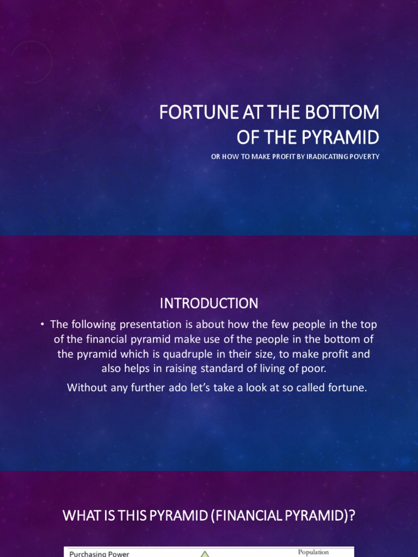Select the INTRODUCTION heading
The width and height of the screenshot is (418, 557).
click(209, 304)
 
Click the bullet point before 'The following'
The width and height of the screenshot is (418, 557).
click(42, 324)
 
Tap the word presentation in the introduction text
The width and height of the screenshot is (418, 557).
click(151, 325)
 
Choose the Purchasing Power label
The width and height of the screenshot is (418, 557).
click(99, 554)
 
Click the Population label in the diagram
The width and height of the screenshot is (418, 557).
click(313, 552)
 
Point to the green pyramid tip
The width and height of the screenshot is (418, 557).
click(205, 552)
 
